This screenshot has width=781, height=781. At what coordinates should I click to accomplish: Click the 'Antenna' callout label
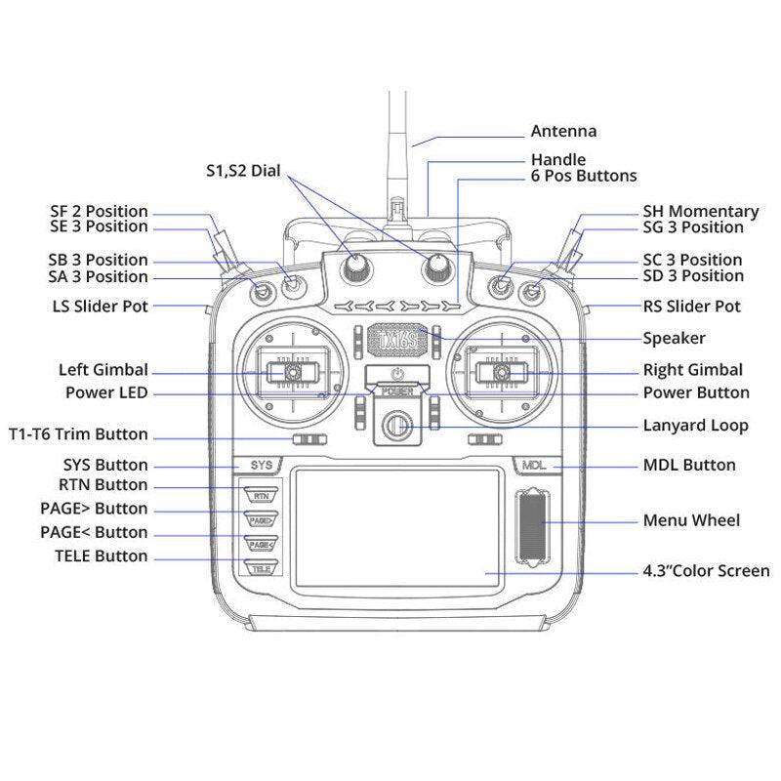tap(563, 131)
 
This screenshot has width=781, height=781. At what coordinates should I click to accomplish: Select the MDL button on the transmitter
tap(533, 466)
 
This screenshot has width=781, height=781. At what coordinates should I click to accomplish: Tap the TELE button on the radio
tap(261, 567)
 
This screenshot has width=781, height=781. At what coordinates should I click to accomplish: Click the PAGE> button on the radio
tap(261, 520)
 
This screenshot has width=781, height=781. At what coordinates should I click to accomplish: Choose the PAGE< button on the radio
tap(261, 544)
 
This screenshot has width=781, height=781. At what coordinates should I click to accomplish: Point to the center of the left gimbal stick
tap(291, 372)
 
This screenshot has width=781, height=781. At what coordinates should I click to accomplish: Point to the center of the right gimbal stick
tap(500, 372)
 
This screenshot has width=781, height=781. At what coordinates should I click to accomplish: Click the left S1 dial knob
tap(355, 266)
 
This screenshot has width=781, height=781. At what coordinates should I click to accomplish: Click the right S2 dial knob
tap(435, 266)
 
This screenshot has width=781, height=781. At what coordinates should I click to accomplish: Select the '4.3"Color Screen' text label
tap(706, 571)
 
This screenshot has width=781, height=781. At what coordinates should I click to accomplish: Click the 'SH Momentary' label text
tap(700, 211)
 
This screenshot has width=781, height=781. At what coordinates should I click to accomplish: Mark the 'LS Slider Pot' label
tap(100, 307)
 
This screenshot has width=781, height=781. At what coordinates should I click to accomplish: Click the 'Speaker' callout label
tap(674, 339)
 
